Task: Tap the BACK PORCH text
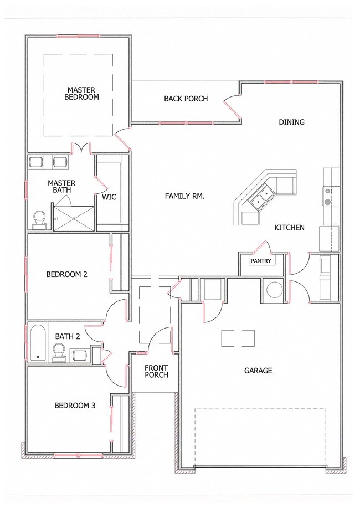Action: coord(186,99)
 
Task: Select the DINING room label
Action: coord(291,122)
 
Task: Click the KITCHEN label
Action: coord(289,228)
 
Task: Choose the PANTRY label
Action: coord(260,260)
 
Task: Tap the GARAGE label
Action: coord(258,371)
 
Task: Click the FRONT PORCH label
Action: coord(156,371)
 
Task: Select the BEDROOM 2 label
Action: coord(66,274)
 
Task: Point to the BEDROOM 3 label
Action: coord(75,406)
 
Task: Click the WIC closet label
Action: coord(109,197)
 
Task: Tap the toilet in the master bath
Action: coord(39,219)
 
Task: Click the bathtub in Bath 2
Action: coord(37,343)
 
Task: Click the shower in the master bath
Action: coord(73,218)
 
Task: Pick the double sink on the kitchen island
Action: coord(263,196)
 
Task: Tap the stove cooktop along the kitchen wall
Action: coord(327,196)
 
